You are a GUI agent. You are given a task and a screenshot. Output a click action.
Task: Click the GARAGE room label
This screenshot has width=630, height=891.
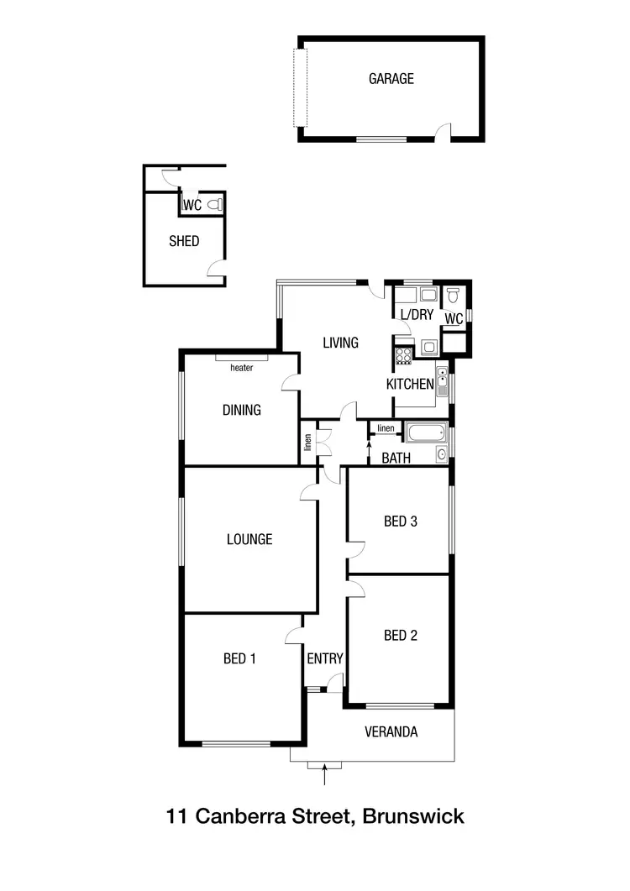[391, 79]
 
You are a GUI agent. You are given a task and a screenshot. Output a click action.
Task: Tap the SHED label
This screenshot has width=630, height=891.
[184, 241]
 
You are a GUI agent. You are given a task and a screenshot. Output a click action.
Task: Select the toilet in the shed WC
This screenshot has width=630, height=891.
[214, 204]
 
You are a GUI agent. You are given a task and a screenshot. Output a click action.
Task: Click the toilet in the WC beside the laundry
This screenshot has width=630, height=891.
[454, 296]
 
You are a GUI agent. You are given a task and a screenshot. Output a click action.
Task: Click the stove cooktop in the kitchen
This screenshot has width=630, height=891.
[402, 354]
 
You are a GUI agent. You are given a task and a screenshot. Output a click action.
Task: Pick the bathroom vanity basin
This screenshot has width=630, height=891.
[442, 454]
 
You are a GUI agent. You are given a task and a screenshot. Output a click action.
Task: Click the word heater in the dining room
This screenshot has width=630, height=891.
[242, 367]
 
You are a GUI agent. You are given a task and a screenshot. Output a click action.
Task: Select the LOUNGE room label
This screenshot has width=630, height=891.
[249, 539]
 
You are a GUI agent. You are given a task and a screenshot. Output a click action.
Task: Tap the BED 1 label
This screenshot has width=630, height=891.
[239, 658]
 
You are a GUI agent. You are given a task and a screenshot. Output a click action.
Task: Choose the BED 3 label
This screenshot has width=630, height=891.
[401, 521]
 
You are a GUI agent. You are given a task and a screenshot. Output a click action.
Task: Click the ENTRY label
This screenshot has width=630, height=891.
[324, 658]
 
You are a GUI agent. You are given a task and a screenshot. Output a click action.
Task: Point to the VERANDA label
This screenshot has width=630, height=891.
[391, 731]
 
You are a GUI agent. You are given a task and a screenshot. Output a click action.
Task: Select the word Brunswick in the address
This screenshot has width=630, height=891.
[414, 815]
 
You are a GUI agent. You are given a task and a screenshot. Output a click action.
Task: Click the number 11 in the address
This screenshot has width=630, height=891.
[176, 815]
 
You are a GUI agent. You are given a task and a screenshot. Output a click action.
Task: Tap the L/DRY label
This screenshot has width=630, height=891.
[416, 314]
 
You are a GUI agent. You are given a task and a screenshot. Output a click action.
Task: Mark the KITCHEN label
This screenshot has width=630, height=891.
[410, 384]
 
